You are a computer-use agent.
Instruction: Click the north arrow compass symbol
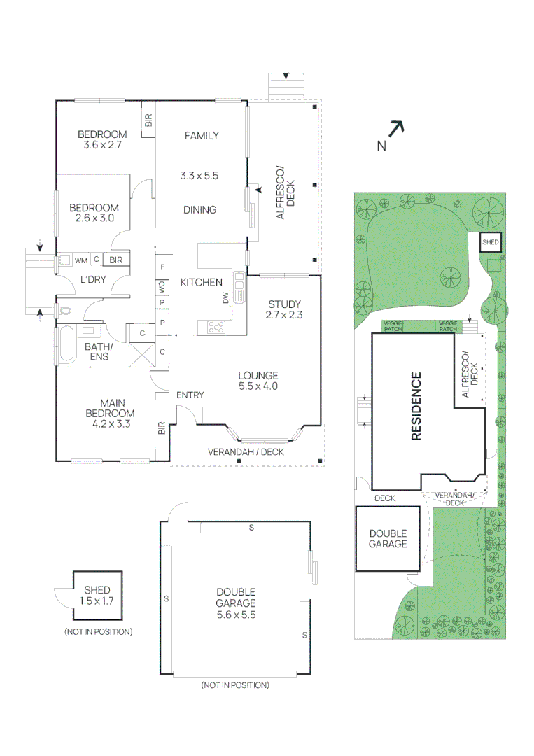pos(396,129)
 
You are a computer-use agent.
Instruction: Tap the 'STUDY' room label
pos(284,304)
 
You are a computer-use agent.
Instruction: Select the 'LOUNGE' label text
pos(258,375)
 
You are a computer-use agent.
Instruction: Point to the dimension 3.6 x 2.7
pos(102,146)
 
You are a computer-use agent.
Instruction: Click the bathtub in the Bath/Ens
pos(67,345)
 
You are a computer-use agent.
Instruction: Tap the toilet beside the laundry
pos(65,310)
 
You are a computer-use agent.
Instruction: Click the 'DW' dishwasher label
pos(225,297)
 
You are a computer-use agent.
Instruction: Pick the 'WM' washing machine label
pos(81,260)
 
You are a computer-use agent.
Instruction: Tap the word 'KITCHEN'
pos(201,283)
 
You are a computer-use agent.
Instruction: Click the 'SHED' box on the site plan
pos(491,242)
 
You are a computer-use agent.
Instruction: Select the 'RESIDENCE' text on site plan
pos(416,407)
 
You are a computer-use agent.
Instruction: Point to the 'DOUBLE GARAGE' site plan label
pos(388,538)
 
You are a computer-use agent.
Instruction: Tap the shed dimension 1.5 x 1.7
pos(97,601)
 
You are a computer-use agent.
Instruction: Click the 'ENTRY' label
pos(190,395)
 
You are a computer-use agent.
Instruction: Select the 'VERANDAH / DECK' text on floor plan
pos(246,451)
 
